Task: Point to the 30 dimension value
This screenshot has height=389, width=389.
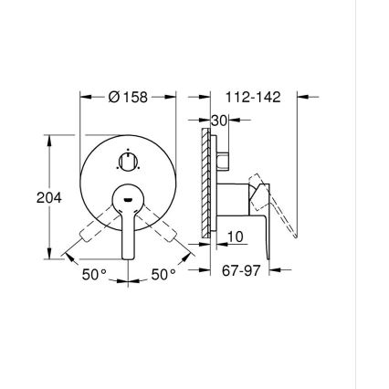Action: (x=217, y=121)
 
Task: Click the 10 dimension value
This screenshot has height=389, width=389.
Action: (x=234, y=237)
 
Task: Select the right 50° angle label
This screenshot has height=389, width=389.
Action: (x=163, y=274)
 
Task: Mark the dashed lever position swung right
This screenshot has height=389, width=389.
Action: (x=170, y=236)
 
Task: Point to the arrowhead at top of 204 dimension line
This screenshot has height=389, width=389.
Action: (x=48, y=139)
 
